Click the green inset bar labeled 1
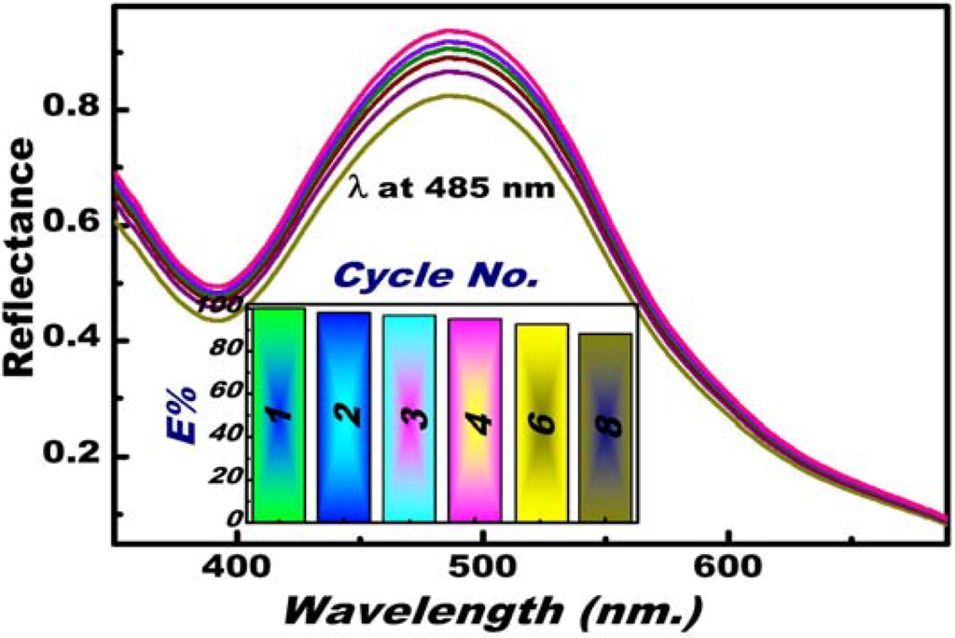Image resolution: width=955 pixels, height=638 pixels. point(280,414)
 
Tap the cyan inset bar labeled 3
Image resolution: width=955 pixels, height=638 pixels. point(409,418)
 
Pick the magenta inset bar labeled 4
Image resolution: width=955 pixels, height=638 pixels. point(475,420)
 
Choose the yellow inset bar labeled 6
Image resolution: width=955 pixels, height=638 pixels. point(541,423)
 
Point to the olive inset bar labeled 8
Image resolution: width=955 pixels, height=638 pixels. point(605,427)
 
